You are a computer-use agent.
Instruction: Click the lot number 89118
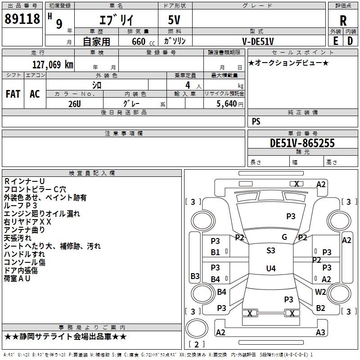[x=22, y=19]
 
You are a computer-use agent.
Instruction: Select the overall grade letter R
[x=343, y=21]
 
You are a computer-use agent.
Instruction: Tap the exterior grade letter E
[x=336, y=40]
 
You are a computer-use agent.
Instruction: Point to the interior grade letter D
[x=350, y=40]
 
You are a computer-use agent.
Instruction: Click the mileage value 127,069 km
[x=53, y=64]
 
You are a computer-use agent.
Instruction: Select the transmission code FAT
[x=13, y=94]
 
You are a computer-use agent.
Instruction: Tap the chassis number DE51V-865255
[x=302, y=143]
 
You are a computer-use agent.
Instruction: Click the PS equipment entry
[x=256, y=121]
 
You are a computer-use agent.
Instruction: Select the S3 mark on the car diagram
[x=270, y=251]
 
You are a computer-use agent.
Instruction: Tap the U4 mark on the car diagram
[x=270, y=269]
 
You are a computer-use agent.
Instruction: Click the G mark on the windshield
[x=284, y=237]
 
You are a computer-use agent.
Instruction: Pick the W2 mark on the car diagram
[x=320, y=292]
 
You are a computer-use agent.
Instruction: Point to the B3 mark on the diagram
[x=195, y=276]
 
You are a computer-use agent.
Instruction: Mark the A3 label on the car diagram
[x=320, y=333]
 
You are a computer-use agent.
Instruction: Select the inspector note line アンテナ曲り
[x=24, y=230]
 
